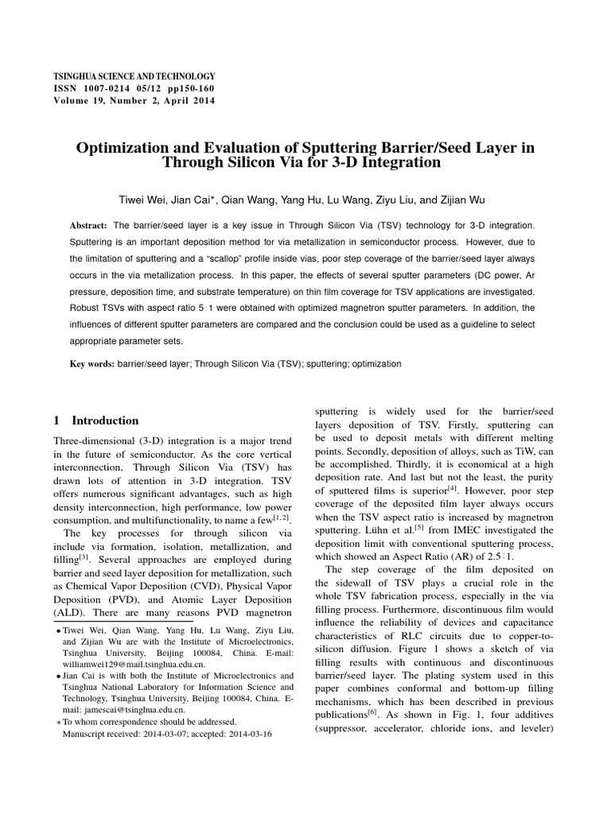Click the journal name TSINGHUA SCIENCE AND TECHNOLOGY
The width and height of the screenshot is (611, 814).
[134, 74]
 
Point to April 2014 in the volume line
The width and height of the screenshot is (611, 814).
[189, 101]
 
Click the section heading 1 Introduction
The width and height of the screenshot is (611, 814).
[95, 421]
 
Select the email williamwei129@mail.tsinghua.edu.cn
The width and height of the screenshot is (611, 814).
[134, 664]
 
